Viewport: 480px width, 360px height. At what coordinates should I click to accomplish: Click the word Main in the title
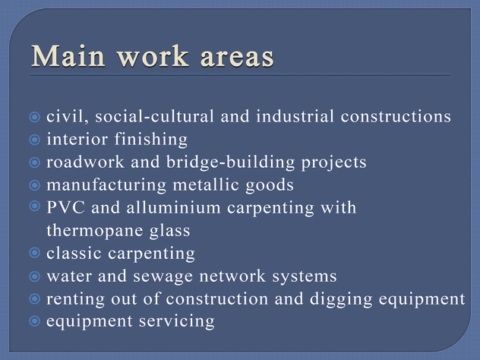click(x=68, y=55)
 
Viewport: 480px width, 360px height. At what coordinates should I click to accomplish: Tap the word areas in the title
click(x=237, y=57)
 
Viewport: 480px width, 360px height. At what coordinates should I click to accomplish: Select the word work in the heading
click(x=153, y=55)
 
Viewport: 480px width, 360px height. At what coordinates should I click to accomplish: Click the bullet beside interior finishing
click(x=35, y=140)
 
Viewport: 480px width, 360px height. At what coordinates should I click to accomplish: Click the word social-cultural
click(x=154, y=116)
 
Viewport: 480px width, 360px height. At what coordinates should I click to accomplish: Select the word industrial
click(x=295, y=116)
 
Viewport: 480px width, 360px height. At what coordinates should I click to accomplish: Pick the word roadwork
click(x=85, y=162)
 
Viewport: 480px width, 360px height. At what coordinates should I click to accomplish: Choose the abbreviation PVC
click(x=65, y=207)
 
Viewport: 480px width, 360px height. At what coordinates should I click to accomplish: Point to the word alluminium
click(x=173, y=207)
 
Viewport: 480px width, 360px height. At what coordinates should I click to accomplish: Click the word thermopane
click(x=95, y=231)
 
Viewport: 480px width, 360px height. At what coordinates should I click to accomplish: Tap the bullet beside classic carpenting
click(x=35, y=253)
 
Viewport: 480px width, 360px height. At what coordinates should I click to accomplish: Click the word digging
click(x=341, y=299)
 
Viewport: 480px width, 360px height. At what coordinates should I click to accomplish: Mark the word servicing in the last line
click(x=177, y=321)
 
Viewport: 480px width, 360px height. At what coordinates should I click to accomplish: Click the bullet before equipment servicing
click(x=35, y=321)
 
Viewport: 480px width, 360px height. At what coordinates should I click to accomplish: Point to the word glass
click(x=170, y=231)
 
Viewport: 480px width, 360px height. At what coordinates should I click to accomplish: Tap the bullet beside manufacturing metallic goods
click(x=35, y=185)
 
